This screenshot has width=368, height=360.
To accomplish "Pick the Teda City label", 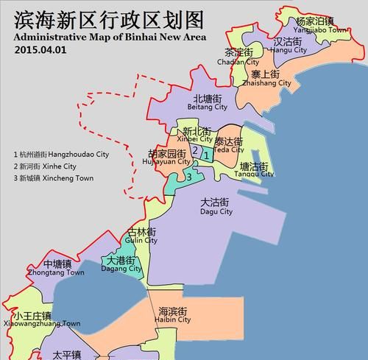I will (x=229, y=145).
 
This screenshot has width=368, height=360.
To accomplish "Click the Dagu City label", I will (x=216, y=207).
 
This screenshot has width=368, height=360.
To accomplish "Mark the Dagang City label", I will (x=122, y=265).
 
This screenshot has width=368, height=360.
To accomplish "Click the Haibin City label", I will (x=173, y=316).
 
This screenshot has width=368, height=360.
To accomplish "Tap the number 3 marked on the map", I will (x=189, y=176).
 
